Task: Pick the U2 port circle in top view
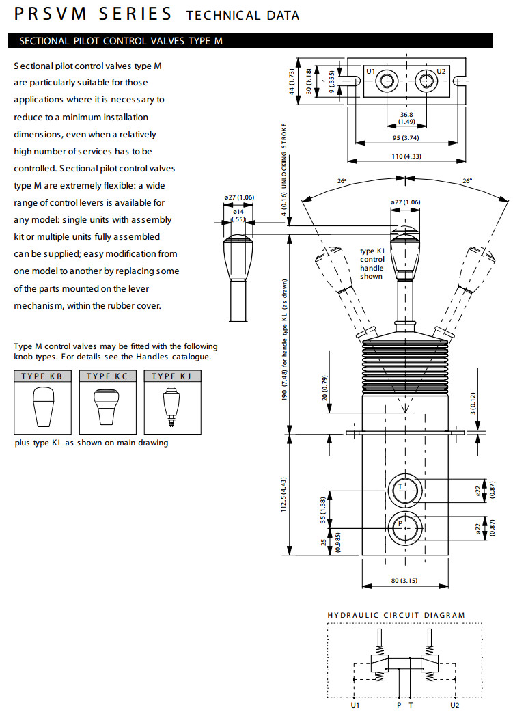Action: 427,81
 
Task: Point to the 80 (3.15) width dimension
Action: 405,581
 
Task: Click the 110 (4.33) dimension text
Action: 406,157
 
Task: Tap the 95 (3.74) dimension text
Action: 406,137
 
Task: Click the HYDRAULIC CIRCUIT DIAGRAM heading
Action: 396,615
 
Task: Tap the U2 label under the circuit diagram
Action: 455,704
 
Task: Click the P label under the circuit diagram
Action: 399,704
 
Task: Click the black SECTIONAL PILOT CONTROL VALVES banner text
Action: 121,41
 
